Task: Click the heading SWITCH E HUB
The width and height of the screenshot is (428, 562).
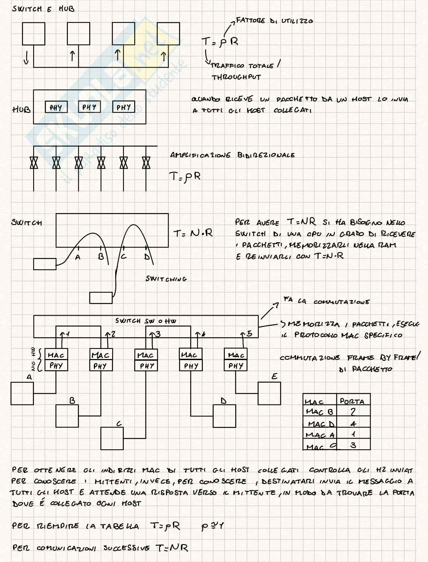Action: click(43, 9)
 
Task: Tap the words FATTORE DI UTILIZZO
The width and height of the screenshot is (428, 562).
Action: click(274, 21)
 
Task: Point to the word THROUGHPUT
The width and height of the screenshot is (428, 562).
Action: click(236, 77)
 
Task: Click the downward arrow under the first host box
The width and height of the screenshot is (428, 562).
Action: click(26, 57)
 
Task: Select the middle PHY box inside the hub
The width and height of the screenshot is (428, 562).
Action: click(89, 107)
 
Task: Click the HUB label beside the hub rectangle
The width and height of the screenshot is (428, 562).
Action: click(21, 110)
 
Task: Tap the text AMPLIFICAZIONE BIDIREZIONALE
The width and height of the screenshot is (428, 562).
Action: click(232, 155)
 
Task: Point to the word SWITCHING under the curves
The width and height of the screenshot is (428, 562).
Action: click(166, 279)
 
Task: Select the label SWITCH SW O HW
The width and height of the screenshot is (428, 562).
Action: click(145, 321)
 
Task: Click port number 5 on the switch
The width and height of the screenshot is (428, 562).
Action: click(249, 334)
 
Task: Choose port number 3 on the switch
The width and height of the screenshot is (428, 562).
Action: click(158, 334)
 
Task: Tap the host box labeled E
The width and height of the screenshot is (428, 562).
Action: click(269, 393)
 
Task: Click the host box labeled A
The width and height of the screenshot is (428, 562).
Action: click(22, 393)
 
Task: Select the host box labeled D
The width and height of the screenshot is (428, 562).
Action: click(224, 416)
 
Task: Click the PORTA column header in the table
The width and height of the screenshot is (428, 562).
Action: click(352, 402)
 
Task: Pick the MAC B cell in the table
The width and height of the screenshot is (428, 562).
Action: click(319, 412)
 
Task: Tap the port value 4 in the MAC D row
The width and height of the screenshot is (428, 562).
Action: click(353, 424)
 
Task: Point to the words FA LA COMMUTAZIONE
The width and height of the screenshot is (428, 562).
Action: click(326, 301)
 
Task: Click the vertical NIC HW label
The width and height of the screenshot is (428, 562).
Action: click(33, 359)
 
